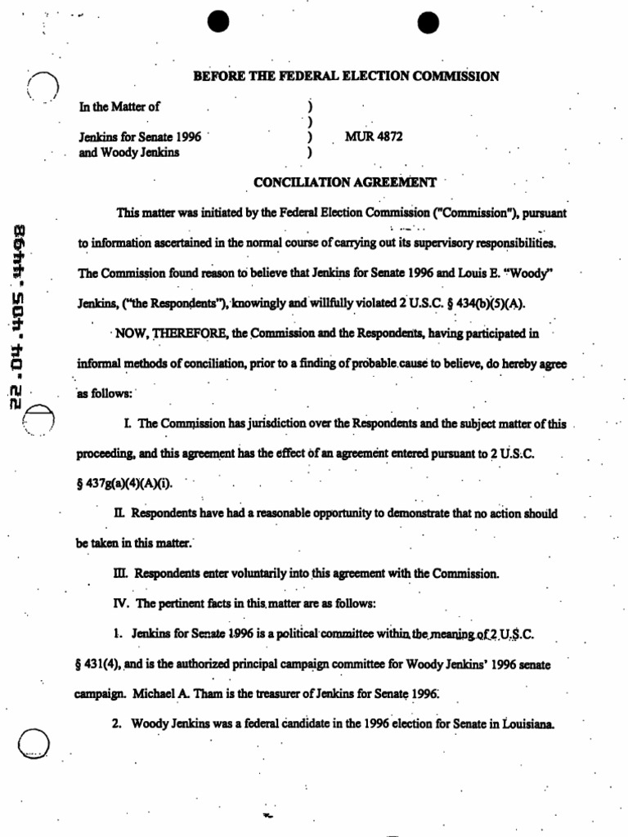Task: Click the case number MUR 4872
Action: pos(374,137)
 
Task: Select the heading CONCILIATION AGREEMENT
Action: pos(345,183)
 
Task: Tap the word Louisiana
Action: pos(529,723)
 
